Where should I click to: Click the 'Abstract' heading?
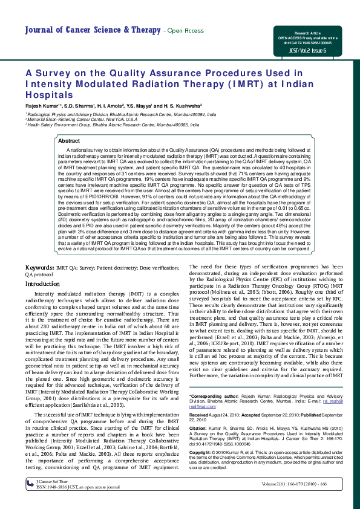click(x=68, y=141)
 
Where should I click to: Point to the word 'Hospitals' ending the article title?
click(x=49, y=95)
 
